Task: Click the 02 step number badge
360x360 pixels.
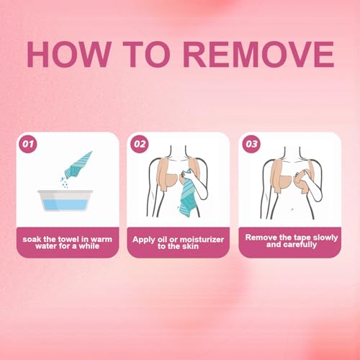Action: click(x=139, y=144)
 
